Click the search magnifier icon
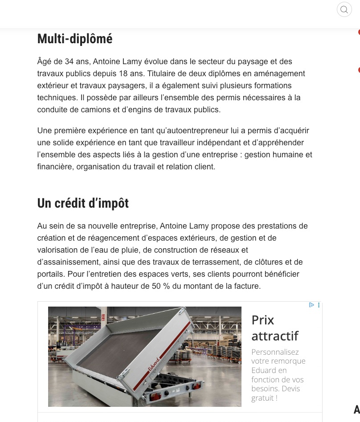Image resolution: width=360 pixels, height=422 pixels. coord(344,9)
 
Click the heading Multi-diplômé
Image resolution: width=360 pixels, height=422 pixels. coord(74,39)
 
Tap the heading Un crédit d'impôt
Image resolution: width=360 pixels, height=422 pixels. coord(83,204)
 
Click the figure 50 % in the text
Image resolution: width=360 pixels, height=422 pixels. coord(160,286)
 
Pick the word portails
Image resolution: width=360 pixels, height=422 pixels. coord(51,274)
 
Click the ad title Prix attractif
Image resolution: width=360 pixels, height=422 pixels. coord(274,328)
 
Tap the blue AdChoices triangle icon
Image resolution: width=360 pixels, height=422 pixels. coord(311,305)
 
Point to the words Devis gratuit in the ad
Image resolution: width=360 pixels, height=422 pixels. coord(276,393)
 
